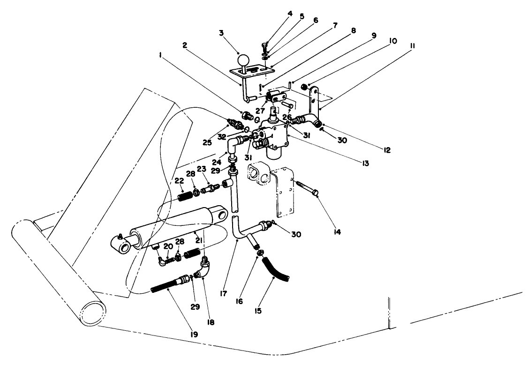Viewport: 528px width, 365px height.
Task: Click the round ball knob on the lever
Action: (x=244, y=61)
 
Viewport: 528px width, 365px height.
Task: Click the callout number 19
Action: (x=193, y=335)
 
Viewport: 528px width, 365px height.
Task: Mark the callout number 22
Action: (x=179, y=181)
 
